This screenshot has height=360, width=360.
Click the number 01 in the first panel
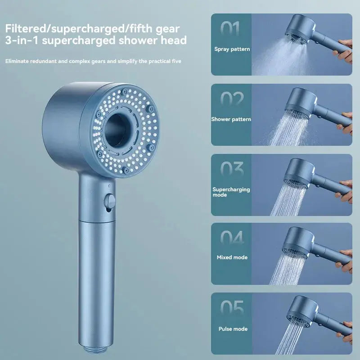(x=231, y=28)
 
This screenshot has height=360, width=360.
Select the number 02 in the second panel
(x=232, y=99)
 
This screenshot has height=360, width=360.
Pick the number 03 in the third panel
(x=232, y=169)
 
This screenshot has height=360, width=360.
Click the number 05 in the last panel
(x=232, y=309)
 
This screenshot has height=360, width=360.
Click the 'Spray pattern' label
(x=232, y=49)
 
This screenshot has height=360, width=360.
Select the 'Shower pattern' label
(x=231, y=119)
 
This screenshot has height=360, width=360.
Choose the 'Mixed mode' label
(x=232, y=258)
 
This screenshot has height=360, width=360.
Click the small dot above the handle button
(x=109, y=186)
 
